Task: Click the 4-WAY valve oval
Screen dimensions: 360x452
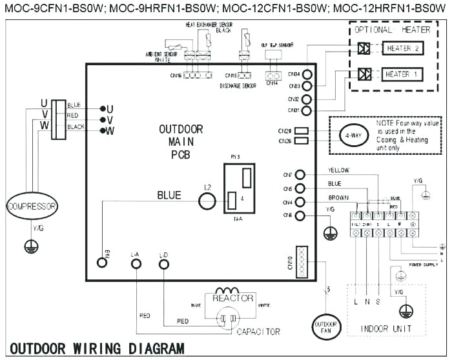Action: click(351, 135)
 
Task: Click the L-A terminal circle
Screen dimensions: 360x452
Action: click(136, 263)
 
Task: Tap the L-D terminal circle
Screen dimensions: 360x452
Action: click(163, 263)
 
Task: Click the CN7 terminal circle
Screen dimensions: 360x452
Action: click(300, 175)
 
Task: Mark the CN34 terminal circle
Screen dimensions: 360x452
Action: click(307, 74)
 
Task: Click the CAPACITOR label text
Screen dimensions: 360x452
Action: click(258, 332)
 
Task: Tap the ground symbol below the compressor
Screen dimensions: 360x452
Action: click(29, 245)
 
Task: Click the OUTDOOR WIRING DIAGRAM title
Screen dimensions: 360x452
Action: click(97, 349)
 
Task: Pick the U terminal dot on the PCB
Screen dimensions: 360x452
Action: click(102, 108)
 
